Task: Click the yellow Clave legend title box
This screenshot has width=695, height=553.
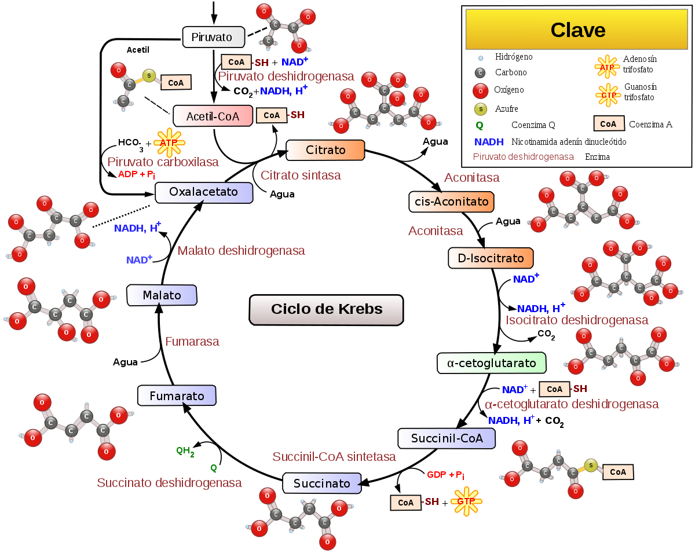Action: tap(577, 30)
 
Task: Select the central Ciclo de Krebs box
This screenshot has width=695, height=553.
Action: tap(326, 309)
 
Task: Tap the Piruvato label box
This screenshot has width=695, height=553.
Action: tap(213, 38)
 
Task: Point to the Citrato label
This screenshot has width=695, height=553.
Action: tap(325, 150)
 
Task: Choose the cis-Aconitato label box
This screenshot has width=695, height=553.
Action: tap(451, 202)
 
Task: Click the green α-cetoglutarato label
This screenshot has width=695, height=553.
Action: tap(491, 363)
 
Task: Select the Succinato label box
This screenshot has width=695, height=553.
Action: tap(321, 484)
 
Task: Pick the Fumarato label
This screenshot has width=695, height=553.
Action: tap(177, 396)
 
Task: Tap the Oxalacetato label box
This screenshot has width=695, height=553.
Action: tap(204, 192)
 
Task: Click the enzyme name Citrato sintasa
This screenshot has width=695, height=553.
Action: tap(301, 175)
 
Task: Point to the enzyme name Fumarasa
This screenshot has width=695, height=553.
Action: tap(192, 342)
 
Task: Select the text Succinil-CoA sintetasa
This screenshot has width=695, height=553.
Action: tap(334, 457)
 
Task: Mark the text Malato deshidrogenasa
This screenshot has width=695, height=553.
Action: tap(241, 251)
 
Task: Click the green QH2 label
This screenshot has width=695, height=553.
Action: tap(185, 451)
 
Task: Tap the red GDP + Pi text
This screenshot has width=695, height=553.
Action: tap(445, 475)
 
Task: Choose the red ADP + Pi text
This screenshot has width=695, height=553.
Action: tap(137, 174)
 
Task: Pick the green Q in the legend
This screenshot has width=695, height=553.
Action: tap(479, 125)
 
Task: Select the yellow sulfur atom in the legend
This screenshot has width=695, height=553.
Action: tap(480, 109)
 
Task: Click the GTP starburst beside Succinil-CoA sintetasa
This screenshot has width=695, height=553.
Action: tap(466, 501)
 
